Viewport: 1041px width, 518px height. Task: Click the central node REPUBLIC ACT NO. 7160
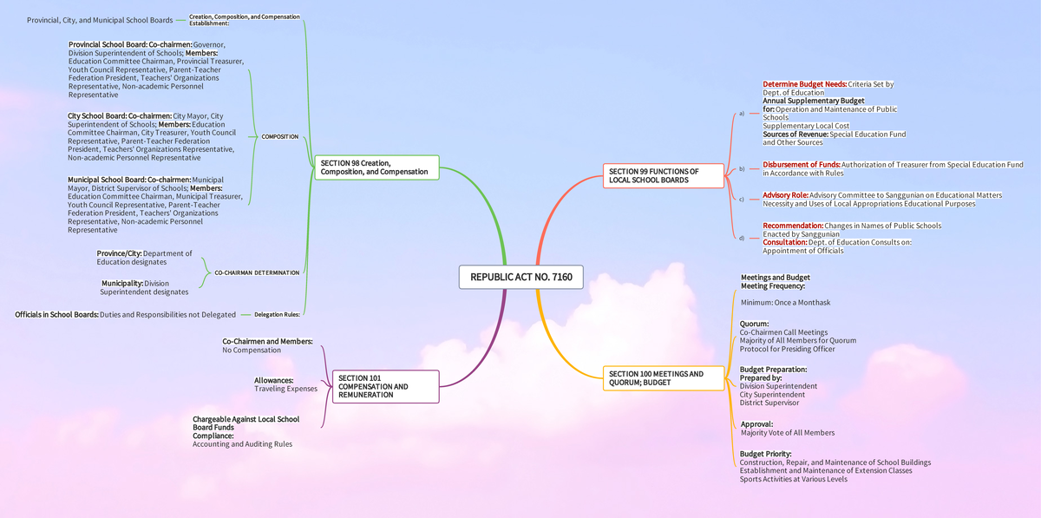(x=520, y=278)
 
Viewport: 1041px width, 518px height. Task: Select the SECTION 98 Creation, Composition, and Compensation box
(x=377, y=167)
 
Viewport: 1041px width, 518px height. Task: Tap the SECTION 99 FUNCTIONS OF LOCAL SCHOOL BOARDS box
(x=664, y=176)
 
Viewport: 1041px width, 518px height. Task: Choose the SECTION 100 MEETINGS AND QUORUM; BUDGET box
(x=664, y=378)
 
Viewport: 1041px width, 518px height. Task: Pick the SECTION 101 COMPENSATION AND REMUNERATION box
(x=385, y=387)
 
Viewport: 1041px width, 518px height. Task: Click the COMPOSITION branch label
(x=279, y=137)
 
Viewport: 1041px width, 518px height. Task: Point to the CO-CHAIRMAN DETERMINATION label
(x=257, y=272)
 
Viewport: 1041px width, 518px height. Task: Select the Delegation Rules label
(x=276, y=314)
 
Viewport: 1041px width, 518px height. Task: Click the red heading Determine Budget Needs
(x=804, y=84)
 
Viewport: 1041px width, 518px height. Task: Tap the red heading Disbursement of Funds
(x=801, y=164)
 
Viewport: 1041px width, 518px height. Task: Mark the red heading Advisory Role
(x=785, y=195)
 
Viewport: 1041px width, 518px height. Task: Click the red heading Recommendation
(x=793, y=226)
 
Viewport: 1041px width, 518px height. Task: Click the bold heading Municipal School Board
(x=104, y=180)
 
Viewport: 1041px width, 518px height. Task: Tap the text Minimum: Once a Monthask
(x=785, y=303)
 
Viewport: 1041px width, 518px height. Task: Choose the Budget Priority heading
(x=765, y=454)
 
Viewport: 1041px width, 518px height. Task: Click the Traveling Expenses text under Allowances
(x=285, y=389)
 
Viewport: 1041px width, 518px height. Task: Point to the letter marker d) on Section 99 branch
(x=742, y=238)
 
